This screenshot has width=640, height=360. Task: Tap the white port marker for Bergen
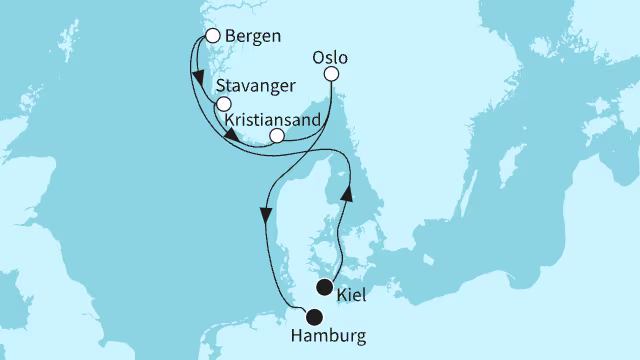(x=212, y=35)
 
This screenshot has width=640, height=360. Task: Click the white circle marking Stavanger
(x=223, y=104)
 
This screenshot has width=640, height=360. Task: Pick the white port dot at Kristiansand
(x=277, y=136)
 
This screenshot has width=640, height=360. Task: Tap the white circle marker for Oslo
(x=332, y=74)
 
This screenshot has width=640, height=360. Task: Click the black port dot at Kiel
(x=324, y=288)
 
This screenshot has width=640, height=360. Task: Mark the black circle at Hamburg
(x=314, y=319)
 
